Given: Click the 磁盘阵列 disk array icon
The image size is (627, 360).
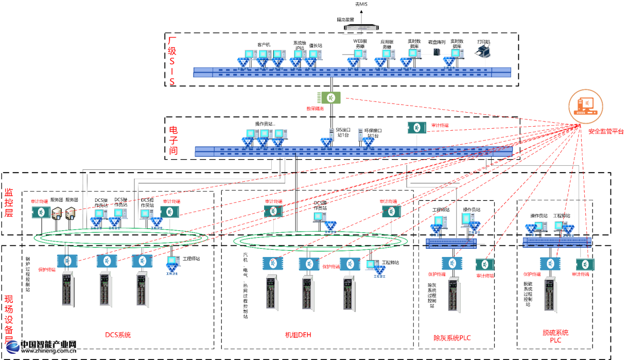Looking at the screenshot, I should point(437,52).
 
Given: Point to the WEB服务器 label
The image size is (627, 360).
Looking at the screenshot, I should point(360,43).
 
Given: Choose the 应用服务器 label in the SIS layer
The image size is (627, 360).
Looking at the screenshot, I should point(387,43).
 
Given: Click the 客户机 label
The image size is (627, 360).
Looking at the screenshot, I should point(264,44).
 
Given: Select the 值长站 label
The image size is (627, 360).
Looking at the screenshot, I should point(316,45).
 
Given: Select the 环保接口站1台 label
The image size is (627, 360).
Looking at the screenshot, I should point(369,133).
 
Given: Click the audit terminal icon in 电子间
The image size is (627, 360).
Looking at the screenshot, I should point(416,127).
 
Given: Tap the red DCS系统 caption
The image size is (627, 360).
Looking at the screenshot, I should point(118,335).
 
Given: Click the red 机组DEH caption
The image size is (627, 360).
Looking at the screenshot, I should point(298,335).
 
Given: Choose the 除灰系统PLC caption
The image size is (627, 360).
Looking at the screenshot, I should point(452,338).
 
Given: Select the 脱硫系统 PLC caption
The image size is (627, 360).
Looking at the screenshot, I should point(555,336).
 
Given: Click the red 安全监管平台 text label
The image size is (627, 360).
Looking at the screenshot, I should point(606,132).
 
